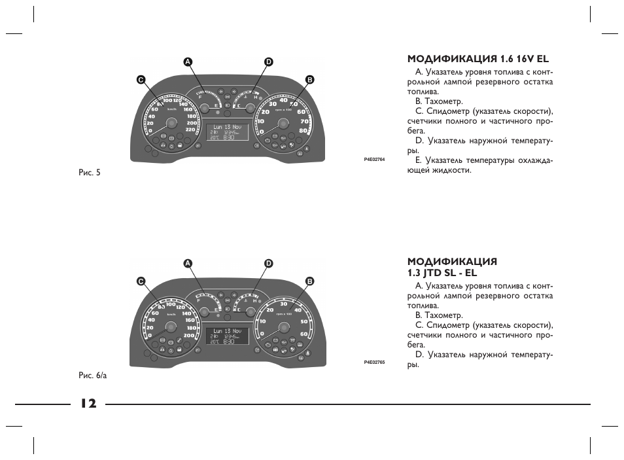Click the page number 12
[x=88, y=404]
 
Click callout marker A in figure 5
[x=188, y=62]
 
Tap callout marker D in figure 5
[x=268, y=62]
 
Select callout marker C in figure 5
[x=140, y=79]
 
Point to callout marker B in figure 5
[x=310, y=79]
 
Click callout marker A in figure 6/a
[x=188, y=263]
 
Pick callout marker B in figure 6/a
[x=310, y=281]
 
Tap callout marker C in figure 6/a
[x=140, y=281]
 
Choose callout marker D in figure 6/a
[x=268, y=263]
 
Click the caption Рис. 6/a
[x=92, y=375]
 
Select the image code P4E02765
[x=374, y=362]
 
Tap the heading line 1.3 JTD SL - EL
[x=442, y=272]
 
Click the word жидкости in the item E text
[x=451, y=170]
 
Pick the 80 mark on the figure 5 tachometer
[x=303, y=130]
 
